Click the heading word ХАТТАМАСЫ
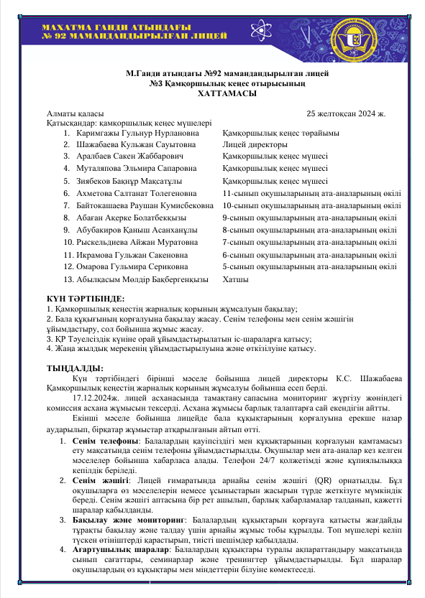point(212,94)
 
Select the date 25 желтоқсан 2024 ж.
point(347,113)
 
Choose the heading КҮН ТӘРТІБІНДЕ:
point(85,297)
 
